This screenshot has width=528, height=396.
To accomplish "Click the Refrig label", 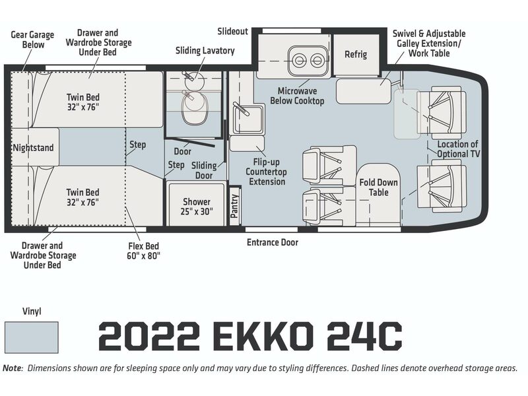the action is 356,54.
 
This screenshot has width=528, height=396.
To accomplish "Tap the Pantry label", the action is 234,206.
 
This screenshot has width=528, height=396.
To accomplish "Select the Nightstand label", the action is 34,148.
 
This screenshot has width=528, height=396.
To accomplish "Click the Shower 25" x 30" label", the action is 197,207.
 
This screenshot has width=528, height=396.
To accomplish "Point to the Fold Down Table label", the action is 378,187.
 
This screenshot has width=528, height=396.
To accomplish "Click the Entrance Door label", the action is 273,242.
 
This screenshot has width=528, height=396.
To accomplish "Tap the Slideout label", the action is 233,31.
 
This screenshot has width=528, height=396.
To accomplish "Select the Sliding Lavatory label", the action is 205,51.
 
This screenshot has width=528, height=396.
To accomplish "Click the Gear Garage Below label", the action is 32,40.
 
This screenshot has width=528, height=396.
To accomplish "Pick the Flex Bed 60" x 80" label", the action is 143,251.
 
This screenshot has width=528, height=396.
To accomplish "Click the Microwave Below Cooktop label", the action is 297,96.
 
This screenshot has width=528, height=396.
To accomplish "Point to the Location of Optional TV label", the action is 458,149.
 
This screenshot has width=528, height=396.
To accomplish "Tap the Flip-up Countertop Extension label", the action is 267,172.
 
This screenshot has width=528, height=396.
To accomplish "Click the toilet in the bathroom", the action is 195,108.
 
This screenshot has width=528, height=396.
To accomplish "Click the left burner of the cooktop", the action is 298,61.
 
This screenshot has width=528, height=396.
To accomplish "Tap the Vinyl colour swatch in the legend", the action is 31,337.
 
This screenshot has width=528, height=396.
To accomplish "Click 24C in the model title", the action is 365,336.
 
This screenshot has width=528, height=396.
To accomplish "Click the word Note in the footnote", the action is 12,368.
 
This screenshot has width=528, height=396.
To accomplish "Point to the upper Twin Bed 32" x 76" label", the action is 83,102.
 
